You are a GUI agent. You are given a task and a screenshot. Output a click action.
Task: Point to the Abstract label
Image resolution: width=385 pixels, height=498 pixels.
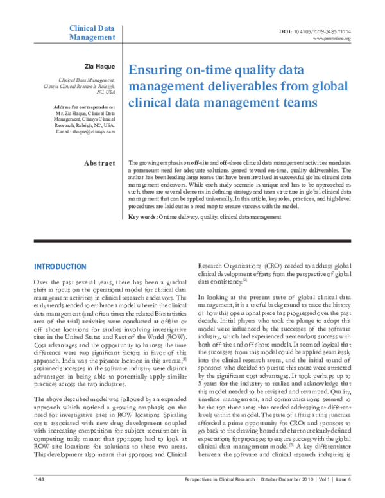click(99, 163)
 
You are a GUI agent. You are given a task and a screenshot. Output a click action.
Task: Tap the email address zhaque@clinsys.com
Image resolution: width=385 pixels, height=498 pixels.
click(93, 131)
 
